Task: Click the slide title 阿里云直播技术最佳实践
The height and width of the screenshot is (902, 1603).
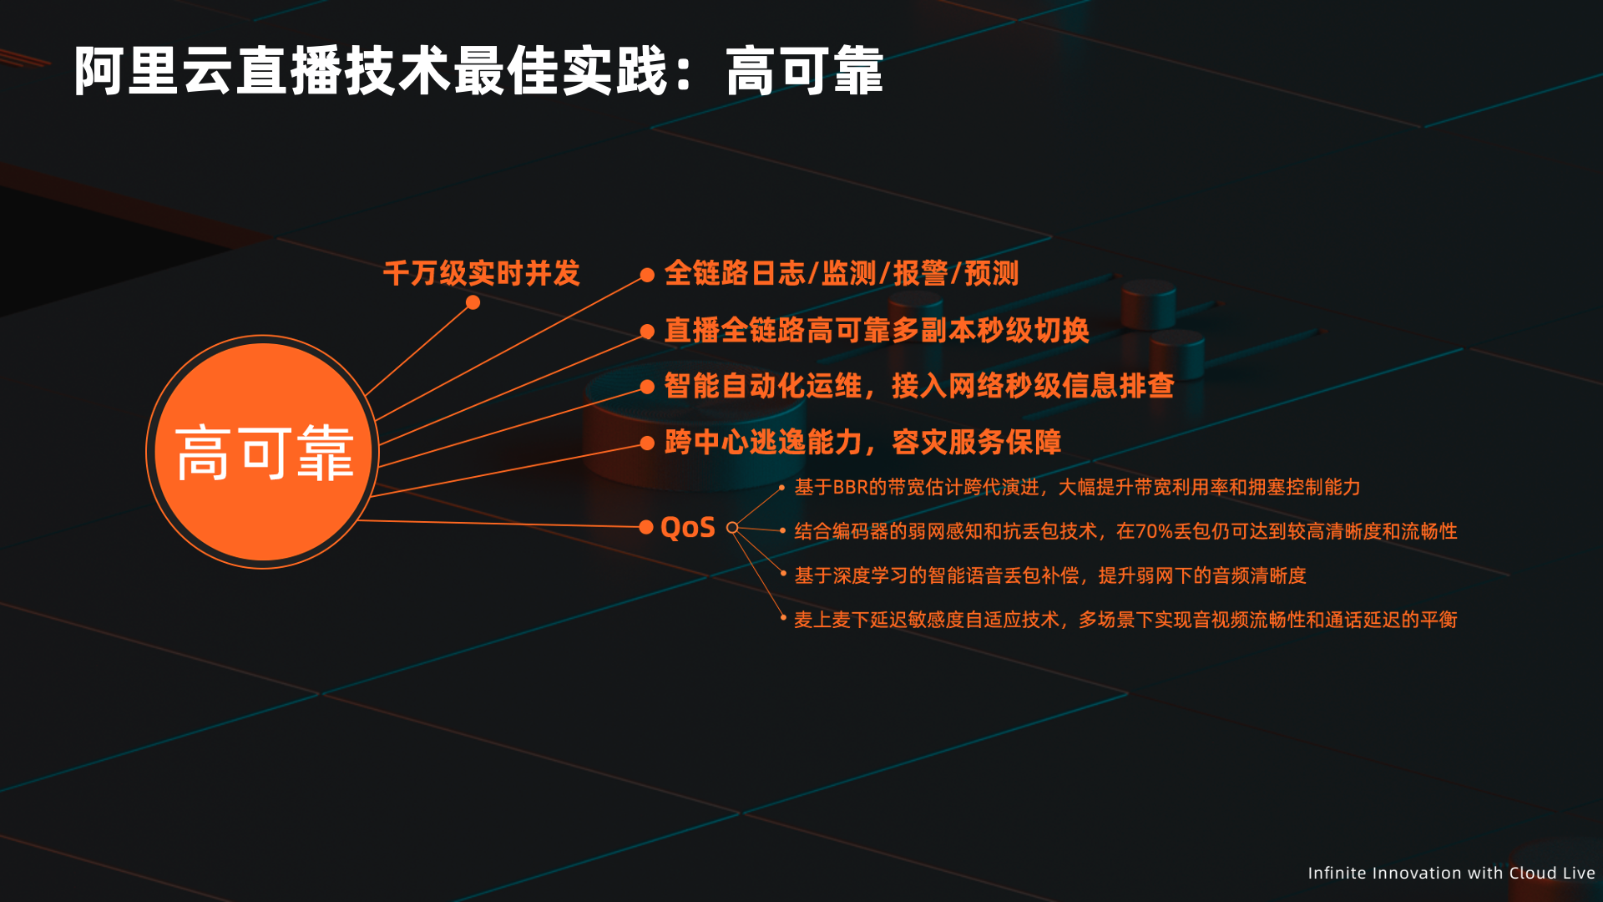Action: point(372,71)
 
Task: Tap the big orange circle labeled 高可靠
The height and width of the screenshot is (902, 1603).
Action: point(263,452)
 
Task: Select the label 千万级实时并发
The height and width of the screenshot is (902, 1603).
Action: point(482,273)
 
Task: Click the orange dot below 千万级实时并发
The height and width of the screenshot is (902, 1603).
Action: point(473,302)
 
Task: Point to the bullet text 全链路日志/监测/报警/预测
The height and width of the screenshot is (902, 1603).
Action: point(842,273)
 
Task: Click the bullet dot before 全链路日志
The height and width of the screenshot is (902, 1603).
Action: point(647,275)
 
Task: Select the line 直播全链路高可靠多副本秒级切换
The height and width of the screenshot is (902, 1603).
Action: point(877,330)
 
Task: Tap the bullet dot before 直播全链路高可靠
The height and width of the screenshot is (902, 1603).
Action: point(647,332)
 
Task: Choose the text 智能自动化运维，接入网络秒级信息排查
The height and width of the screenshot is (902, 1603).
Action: point(919,386)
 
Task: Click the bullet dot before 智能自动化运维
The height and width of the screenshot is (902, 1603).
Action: point(647,387)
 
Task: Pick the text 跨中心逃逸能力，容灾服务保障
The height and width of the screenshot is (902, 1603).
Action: point(863,442)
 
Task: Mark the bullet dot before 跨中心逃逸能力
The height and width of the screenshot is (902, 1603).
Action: point(647,443)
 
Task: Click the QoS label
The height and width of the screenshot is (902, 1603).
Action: point(688,528)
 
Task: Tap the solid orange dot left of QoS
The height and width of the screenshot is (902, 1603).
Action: point(646,527)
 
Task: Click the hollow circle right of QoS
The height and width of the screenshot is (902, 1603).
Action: point(732,527)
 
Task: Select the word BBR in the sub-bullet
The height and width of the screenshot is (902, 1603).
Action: point(851,487)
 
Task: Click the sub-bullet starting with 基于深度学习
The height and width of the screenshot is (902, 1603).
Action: point(1050,575)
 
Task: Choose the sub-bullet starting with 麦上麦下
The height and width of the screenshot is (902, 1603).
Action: point(1125,620)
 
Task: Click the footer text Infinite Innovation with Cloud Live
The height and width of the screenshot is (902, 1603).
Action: point(1451,873)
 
